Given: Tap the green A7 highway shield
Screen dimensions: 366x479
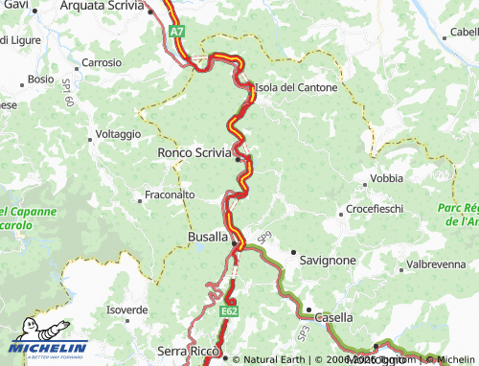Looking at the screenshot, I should pos(177,32).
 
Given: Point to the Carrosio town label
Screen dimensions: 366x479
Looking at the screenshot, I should pos(103,62).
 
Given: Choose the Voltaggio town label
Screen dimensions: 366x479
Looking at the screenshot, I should pos(118,134).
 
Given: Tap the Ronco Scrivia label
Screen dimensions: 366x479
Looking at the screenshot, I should pos(194,151).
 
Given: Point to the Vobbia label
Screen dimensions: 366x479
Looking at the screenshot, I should pos(386,178).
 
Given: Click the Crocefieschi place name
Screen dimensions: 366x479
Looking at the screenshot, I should pos(375,208).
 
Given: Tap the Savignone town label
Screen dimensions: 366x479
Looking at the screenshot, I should pos(328,260).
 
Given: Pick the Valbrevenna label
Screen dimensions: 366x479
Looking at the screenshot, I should pos(436,263).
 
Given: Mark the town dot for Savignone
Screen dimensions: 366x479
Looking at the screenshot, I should pos(293,251).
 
